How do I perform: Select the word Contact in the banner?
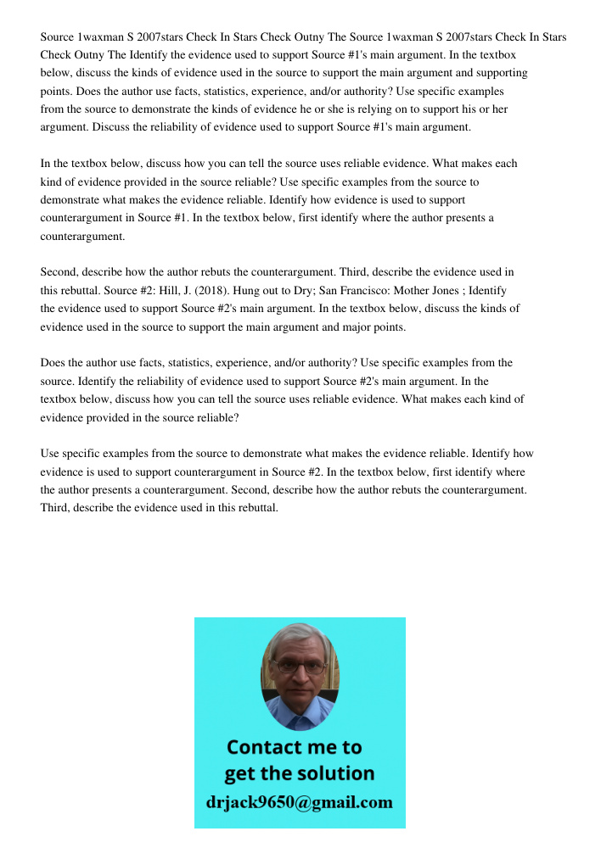coord(264,747)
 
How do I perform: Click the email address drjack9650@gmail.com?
coord(299,801)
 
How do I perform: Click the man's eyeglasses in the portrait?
coord(300,667)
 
